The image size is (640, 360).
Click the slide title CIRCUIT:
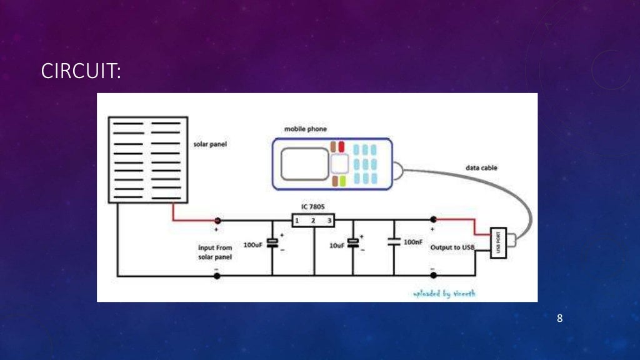81,72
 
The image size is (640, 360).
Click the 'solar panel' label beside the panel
210,144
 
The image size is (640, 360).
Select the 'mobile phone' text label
305,129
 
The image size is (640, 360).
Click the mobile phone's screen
304,164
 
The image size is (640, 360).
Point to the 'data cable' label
482,168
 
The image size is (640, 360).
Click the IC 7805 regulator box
312,221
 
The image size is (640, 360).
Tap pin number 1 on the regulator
297,221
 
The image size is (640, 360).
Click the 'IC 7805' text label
312,206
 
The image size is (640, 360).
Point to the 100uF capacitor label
252,245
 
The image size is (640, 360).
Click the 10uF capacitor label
336,246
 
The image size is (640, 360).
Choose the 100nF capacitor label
413,241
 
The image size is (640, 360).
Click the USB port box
499,242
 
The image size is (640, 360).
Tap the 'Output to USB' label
452,248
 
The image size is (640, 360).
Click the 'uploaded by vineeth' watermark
444,293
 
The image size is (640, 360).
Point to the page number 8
559,319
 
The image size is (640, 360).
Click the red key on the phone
341,147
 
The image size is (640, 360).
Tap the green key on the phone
342,181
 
